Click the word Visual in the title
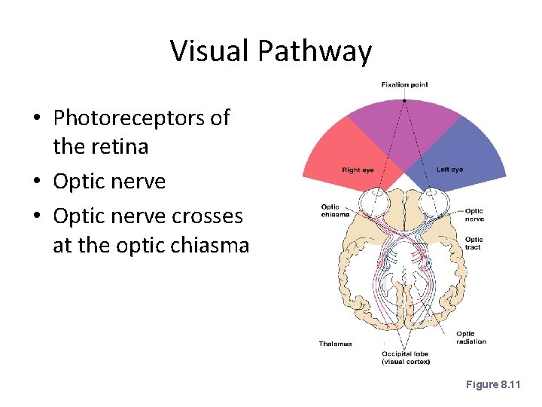(210, 51)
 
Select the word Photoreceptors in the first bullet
(142, 118)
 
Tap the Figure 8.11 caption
(493, 384)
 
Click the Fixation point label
(404, 84)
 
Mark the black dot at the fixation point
(404, 100)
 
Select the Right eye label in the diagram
(358, 170)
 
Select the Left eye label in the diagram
(449, 170)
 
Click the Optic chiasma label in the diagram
(336, 210)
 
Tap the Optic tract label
(473, 243)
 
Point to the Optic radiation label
(470, 337)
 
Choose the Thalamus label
(336, 344)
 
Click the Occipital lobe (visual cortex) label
(405, 357)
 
